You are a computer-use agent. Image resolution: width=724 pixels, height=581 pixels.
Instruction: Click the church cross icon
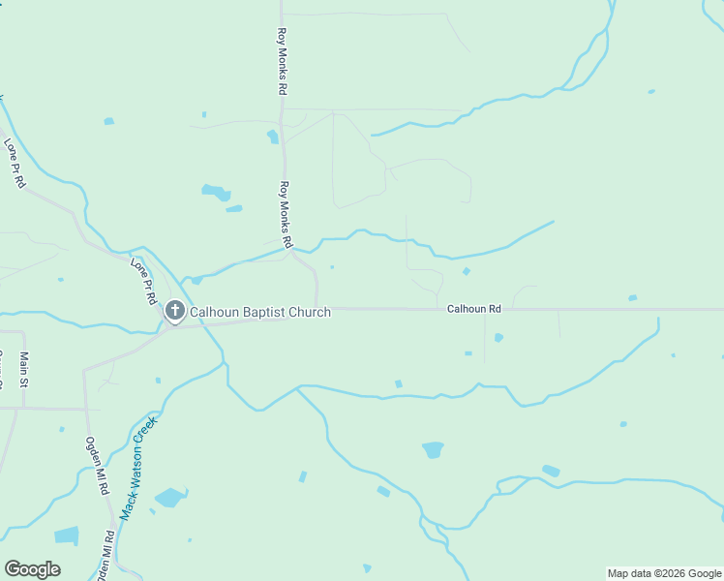click(174, 311)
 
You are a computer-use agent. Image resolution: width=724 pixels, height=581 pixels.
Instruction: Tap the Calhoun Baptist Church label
click(259, 312)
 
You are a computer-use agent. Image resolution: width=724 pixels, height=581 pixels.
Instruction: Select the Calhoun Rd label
click(473, 309)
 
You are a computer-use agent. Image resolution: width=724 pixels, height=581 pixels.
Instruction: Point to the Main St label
click(23, 370)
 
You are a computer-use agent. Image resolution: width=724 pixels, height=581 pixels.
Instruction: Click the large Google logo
click(32, 569)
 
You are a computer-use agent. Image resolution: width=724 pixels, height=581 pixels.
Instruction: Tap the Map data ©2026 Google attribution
click(663, 573)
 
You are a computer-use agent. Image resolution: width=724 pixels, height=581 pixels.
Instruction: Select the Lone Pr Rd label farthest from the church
click(15, 163)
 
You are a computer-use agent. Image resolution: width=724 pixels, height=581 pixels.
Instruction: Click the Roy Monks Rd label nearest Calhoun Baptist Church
click(287, 213)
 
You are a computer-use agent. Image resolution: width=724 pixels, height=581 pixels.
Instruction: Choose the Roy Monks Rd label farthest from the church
click(281, 59)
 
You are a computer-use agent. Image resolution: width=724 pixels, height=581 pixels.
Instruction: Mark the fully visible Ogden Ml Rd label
click(97, 466)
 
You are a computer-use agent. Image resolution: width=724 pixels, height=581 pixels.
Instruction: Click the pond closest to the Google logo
click(67, 535)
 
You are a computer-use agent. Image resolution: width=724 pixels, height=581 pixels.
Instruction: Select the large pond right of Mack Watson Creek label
click(170, 498)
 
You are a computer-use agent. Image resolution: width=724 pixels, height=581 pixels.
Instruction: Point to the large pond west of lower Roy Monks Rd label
click(216, 192)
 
